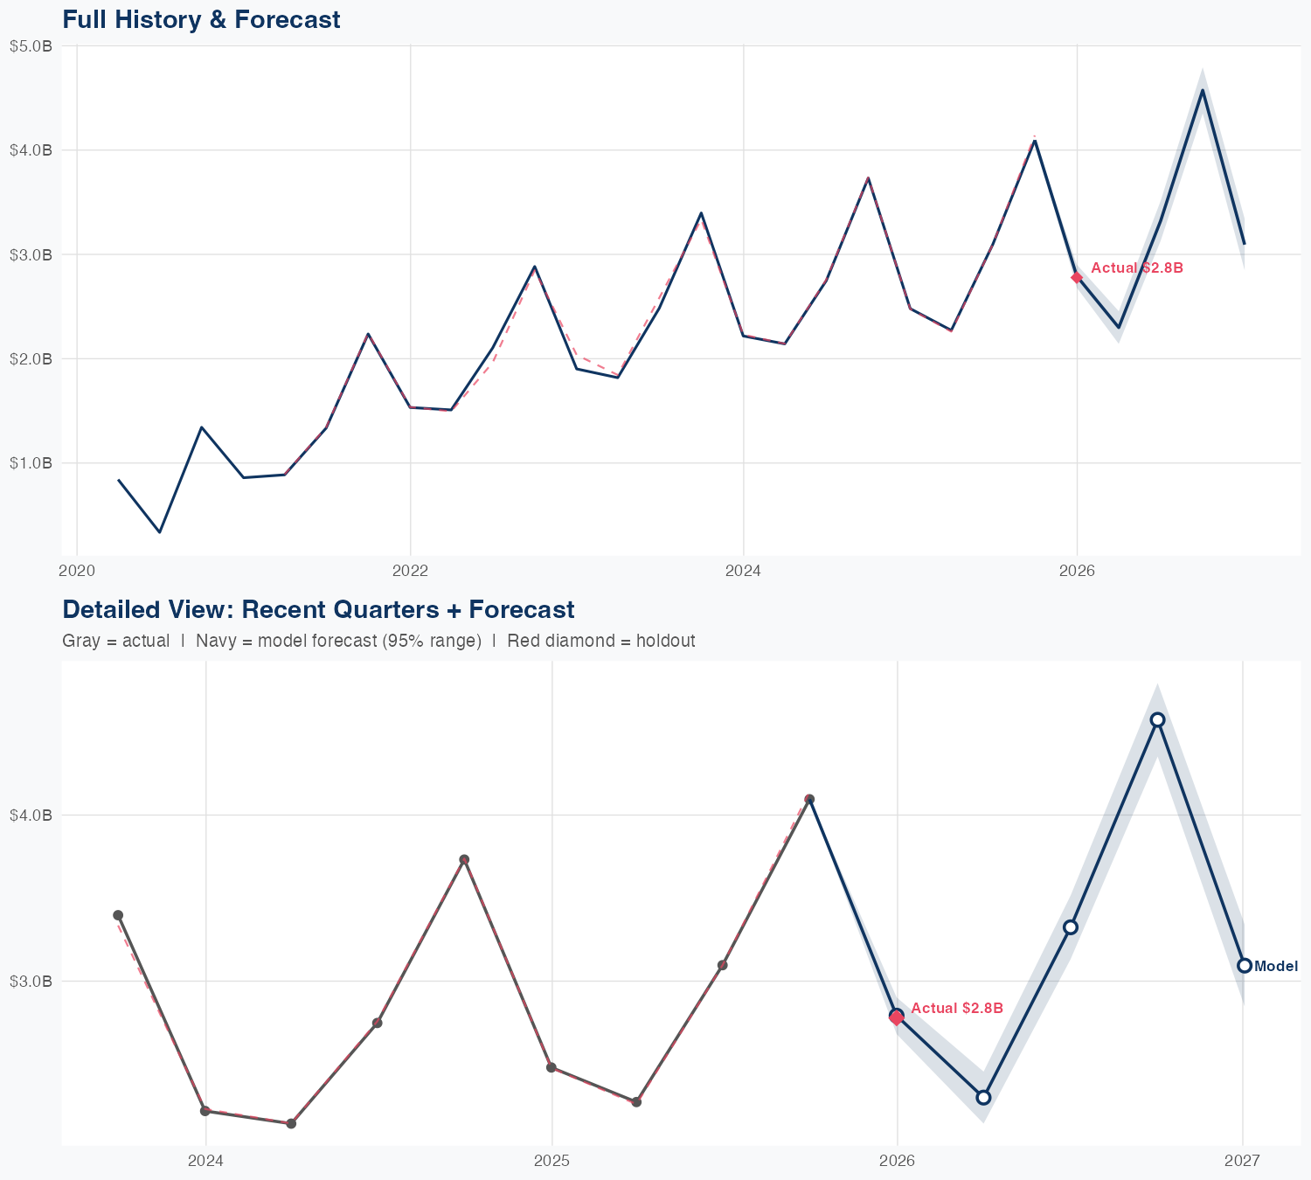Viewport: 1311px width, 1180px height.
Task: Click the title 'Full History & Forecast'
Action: (201, 19)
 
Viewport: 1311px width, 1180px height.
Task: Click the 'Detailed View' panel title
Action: (318, 609)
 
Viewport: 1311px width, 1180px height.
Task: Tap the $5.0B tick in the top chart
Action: (31, 46)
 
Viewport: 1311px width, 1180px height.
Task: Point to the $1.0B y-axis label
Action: (31, 462)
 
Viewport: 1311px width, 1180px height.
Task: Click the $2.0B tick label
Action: (31, 358)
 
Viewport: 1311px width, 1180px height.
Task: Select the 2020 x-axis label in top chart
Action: (77, 571)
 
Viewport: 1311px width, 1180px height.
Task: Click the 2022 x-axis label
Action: (410, 571)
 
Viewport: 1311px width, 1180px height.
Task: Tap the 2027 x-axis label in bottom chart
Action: (1242, 1161)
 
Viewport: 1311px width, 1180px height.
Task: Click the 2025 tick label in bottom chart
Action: (551, 1161)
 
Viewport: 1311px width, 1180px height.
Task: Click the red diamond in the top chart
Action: (1077, 277)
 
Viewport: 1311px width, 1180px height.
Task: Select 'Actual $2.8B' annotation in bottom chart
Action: (956, 1008)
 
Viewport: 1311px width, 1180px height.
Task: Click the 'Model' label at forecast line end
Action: (1275, 966)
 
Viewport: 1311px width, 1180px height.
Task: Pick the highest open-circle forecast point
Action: (1157, 720)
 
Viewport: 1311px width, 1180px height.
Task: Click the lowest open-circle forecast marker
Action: (983, 1097)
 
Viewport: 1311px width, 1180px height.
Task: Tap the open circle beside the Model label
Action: (1244, 966)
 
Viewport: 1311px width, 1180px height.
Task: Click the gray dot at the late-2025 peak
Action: (809, 799)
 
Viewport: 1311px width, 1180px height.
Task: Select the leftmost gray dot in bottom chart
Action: (118, 915)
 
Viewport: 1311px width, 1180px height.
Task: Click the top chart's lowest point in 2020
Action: (159, 531)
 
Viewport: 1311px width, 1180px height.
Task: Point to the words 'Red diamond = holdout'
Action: (600, 641)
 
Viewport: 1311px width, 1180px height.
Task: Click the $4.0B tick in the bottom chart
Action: (31, 815)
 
